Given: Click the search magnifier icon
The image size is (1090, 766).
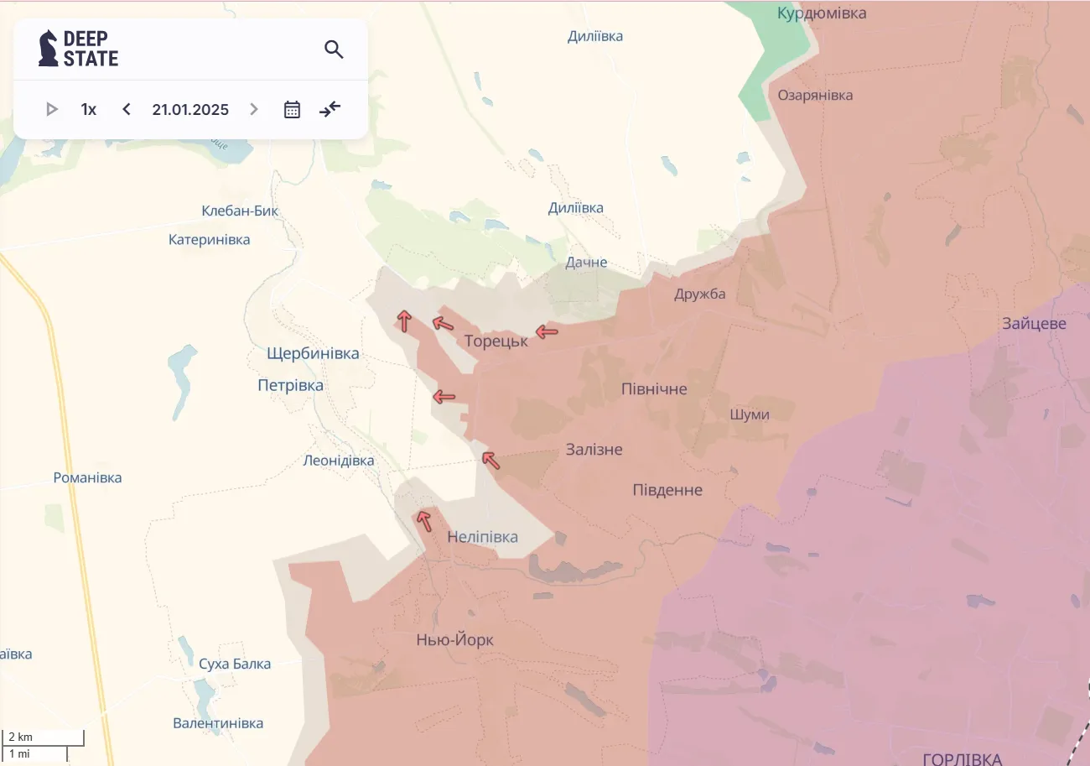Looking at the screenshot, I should pos(334,50).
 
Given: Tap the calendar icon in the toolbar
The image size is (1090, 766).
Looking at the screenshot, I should pos(292,109).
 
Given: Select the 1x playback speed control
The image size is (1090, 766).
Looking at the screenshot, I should pos(89,109).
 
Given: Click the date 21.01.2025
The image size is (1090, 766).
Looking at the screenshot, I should pos(190,109).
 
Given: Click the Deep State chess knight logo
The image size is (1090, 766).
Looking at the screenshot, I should pos(49,49).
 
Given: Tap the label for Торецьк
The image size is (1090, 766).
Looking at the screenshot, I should pos(496,341).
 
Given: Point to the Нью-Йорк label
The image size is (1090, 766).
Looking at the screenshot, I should pos(454,640).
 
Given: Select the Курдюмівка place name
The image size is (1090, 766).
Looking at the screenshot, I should pos(822,13).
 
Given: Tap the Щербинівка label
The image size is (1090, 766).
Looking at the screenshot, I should pos(313,353).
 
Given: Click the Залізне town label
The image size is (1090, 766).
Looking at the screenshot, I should pos(594,449).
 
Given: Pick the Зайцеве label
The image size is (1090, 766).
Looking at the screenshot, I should pos(1034,323).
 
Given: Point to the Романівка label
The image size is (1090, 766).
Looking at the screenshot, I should pos(87,477).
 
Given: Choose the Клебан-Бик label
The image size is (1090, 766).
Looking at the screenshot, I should pos(240,211).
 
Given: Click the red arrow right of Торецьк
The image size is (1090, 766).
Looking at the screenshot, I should pos(547,331).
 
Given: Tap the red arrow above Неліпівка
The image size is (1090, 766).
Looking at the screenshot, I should pos(424,520).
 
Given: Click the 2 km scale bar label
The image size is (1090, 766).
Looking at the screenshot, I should pos(21,737).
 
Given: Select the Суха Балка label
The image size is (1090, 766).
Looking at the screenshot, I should pos(235,664).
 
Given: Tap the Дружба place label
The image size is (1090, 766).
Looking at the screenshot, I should pos(700,294).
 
